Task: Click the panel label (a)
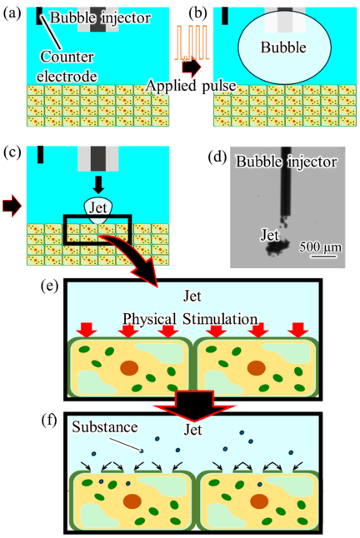click(x=12, y=13)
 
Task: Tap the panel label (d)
click(x=217, y=157)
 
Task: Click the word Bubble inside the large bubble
click(x=283, y=47)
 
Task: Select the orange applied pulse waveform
click(x=192, y=42)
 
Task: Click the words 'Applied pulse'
click(x=191, y=86)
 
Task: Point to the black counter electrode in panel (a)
click(x=39, y=16)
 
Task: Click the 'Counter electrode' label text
click(x=67, y=67)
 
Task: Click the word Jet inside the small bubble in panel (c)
click(x=98, y=207)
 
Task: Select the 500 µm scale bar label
click(x=320, y=247)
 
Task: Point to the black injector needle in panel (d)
click(x=286, y=182)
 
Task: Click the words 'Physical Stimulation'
click(x=190, y=319)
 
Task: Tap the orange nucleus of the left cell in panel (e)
click(x=129, y=368)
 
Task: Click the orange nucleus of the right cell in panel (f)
click(x=259, y=501)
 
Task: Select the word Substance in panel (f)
click(x=105, y=427)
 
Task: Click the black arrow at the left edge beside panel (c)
click(x=12, y=206)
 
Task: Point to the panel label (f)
click(x=49, y=421)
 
